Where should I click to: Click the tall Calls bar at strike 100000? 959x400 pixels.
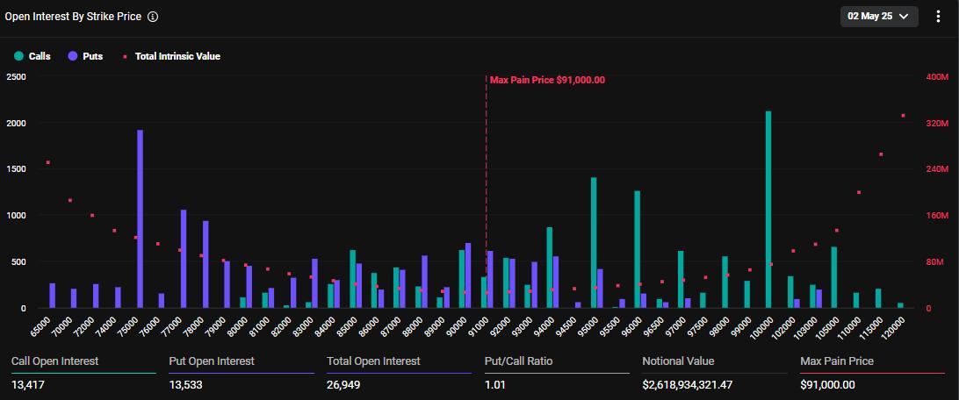click(x=768, y=211)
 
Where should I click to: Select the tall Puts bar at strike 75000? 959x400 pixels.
click(x=140, y=219)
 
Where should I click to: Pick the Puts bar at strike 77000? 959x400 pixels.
click(x=184, y=259)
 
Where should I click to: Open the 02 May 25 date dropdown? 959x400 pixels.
click(x=879, y=16)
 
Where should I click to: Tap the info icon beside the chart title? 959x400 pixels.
click(x=153, y=17)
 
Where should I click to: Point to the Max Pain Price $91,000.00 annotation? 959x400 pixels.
click(x=547, y=80)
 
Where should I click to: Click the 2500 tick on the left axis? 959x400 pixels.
click(x=16, y=77)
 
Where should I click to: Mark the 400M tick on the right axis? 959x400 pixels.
click(x=938, y=77)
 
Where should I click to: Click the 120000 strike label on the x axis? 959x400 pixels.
click(x=894, y=325)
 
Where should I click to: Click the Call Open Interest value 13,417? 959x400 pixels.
click(x=30, y=384)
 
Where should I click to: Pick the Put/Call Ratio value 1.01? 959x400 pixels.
click(x=496, y=384)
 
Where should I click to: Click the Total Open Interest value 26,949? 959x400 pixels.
click(x=346, y=384)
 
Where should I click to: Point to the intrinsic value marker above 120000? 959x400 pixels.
click(x=903, y=116)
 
